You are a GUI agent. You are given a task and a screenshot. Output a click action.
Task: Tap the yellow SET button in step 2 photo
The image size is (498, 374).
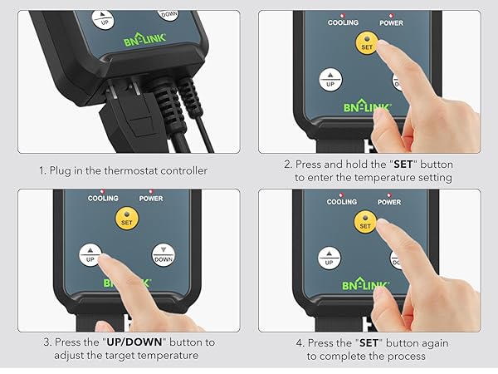coord(367,44)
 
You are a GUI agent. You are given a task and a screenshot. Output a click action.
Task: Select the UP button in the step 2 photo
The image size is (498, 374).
coord(331,80)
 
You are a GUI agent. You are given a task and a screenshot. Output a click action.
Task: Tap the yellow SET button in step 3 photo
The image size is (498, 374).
coord(125,220)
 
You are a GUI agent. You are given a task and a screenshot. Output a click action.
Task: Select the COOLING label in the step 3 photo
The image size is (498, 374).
coord(104,199)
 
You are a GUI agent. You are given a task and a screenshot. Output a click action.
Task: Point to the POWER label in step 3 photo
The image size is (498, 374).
coord(151,199)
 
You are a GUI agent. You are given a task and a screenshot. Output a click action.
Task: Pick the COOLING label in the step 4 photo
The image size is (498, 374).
coord(342,202)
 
